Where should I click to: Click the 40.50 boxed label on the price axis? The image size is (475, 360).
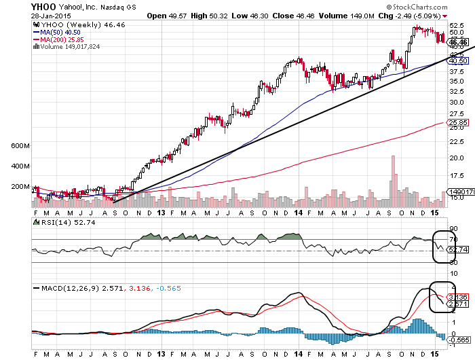coord(459,61)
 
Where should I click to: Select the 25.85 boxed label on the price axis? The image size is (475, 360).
coord(459,123)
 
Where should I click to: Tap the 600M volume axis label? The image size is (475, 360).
coord(20,146)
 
